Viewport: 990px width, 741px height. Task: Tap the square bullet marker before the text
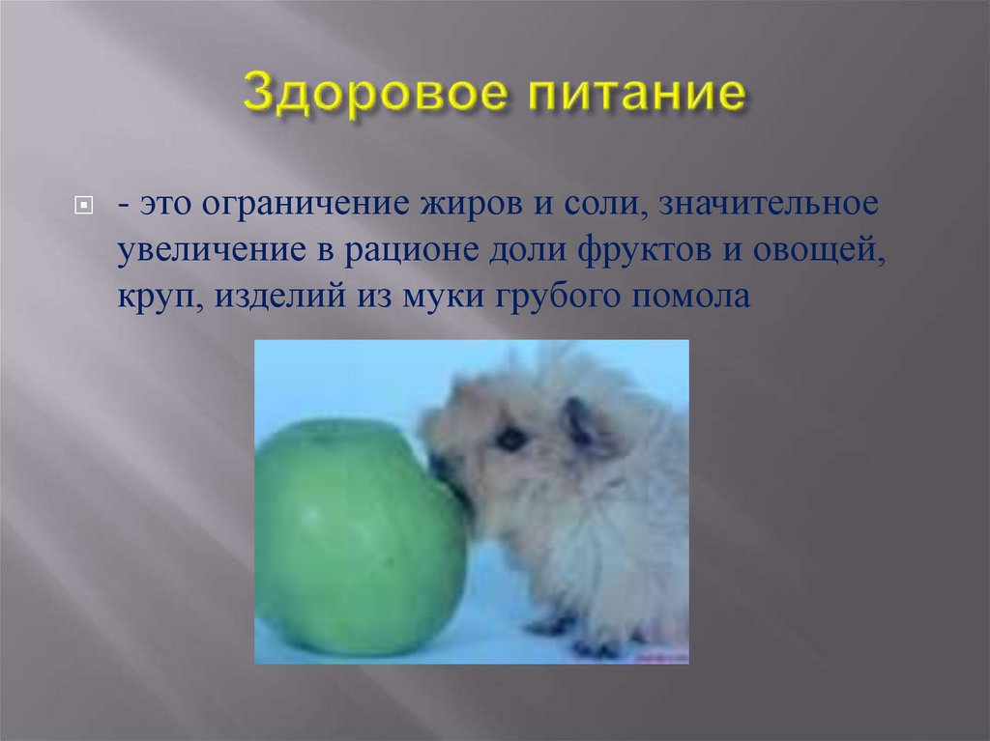point(83,207)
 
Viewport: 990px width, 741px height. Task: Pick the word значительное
point(749,205)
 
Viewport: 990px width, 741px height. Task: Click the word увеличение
point(201,250)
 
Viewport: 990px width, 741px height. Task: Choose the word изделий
point(273,296)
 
